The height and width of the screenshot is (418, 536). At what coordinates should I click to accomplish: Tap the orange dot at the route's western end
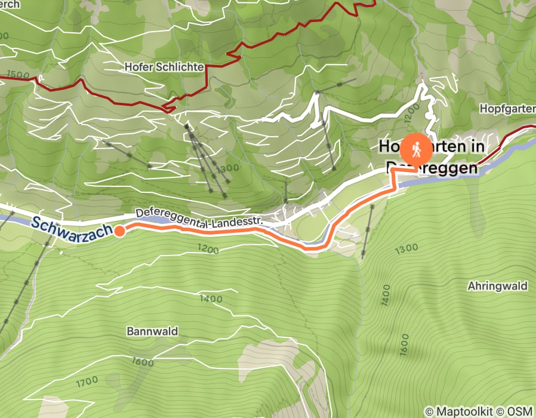pyautogui.click(x=119, y=231)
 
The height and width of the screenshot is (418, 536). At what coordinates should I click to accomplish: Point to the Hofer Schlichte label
pyautogui.click(x=164, y=67)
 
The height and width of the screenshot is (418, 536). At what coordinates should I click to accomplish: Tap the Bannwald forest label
pyautogui.click(x=152, y=331)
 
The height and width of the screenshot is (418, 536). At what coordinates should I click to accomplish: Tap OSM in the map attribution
pyautogui.click(x=520, y=411)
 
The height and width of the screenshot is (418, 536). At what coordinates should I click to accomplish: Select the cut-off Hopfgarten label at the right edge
pyautogui.click(x=507, y=109)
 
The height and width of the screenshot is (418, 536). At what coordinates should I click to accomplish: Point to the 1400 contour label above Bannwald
pyautogui.click(x=211, y=298)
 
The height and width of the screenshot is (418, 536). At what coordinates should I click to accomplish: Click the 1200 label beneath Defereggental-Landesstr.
pyautogui.click(x=208, y=248)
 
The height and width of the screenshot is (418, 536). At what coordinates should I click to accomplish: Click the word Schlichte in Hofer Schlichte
pyautogui.click(x=184, y=67)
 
